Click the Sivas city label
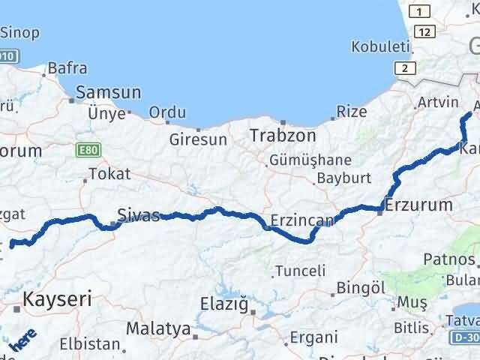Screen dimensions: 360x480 [139, 216]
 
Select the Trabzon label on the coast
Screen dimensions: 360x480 [282, 136]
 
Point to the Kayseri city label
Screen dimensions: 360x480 [58, 299]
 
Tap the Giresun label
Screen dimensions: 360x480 [198, 139]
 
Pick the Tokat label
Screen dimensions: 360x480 [109, 174]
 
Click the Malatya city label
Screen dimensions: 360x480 [158, 328]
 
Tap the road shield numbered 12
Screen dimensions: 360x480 [426, 31]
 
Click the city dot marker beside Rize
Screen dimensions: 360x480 [334, 118]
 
